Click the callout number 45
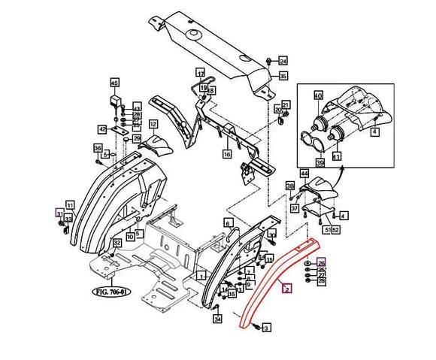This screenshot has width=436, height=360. click(115, 83)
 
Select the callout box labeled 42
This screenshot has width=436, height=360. click(102, 129)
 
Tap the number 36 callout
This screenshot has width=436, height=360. click(98, 148)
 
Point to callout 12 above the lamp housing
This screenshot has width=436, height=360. click(153, 124)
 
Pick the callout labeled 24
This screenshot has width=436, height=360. click(283, 61)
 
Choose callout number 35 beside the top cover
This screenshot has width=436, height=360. click(283, 76)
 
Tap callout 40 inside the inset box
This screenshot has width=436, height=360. click(318, 95)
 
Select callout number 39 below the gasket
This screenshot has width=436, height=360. click(319, 162)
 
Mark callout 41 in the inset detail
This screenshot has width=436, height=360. click(336, 156)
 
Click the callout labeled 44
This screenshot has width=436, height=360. click(304, 174)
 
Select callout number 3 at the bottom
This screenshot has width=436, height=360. click(266, 327)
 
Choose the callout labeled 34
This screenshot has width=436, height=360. click(217, 319)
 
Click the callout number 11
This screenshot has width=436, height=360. click(69, 205)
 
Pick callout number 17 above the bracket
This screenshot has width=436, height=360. click(201, 73)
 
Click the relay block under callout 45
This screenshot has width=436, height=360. click(116, 101)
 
